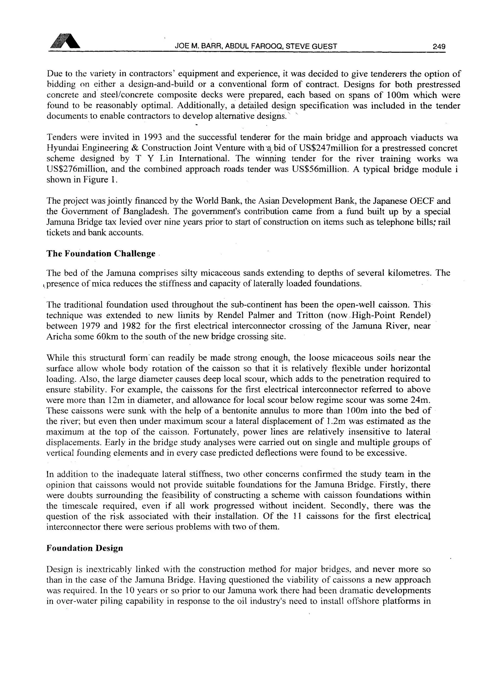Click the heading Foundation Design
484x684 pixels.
(85, 548)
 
